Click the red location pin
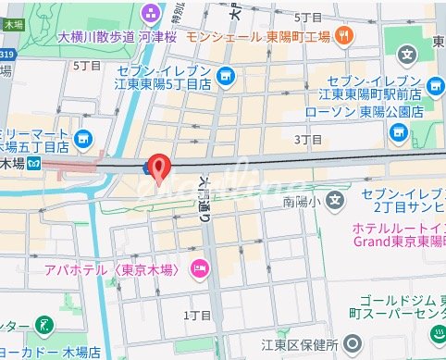159,166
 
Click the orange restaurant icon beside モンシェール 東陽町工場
344,36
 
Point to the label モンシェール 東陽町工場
258,38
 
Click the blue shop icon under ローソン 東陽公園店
398,132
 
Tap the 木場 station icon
33,164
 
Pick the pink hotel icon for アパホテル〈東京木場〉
198,269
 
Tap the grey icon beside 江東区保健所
351,345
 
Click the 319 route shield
8,54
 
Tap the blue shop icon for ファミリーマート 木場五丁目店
85,140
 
